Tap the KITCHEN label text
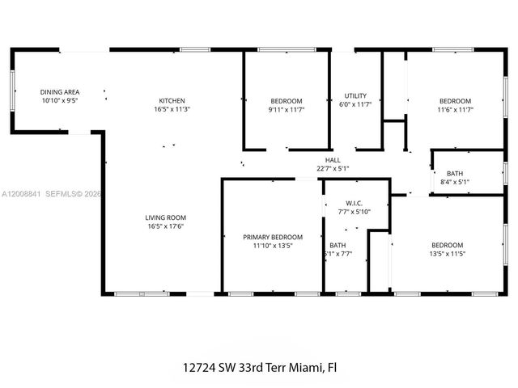coord(172,100)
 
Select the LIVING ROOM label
coord(166,217)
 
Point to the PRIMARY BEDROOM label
coord(273,237)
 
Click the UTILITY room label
coord(356,95)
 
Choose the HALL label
coord(332,160)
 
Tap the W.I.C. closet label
coord(353,203)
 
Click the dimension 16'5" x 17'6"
coord(166,226)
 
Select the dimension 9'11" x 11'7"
coord(286,109)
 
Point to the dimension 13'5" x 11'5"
coord(447,254)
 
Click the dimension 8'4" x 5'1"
coord(454,182)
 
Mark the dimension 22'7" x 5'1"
coord(332,169)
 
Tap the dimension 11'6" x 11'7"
coord(454,109)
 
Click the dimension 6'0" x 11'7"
coord(356,105)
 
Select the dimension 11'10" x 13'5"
coord(273,246)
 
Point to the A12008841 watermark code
coord(19,194)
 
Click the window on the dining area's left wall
coord(12,90)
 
